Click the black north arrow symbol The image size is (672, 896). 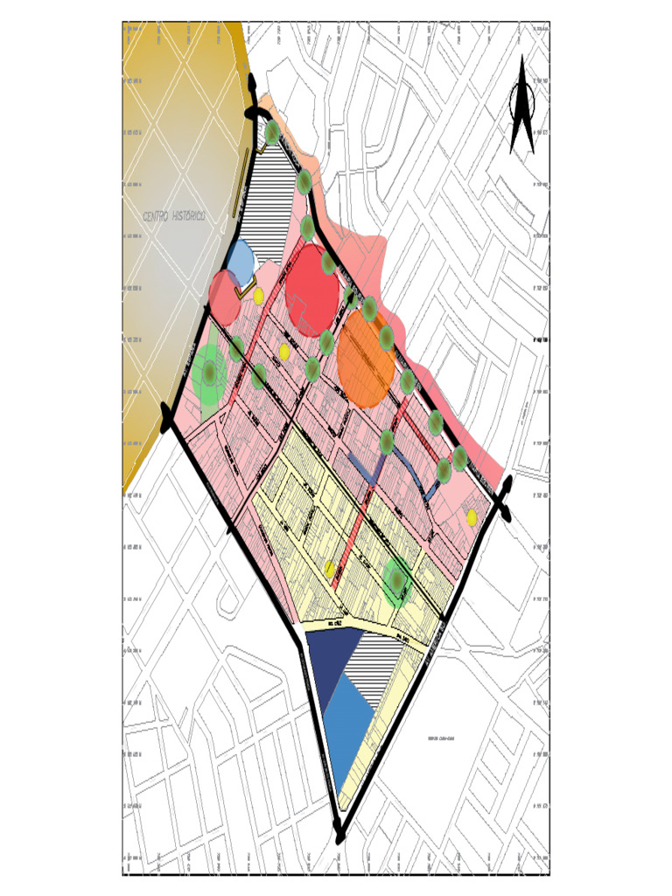522,105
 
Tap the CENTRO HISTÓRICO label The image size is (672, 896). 174,215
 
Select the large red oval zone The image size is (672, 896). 311,289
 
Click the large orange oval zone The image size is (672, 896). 365,360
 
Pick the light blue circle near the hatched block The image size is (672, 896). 240,257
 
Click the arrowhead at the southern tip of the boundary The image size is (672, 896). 340,829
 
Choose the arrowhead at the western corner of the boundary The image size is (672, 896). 167,415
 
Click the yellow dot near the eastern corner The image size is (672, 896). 472,517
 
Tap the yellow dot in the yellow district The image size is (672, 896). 330,569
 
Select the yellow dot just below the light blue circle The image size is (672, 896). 259,296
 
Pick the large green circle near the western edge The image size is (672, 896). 210,374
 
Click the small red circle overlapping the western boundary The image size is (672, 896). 225,296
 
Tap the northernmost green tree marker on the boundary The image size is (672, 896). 272,133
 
